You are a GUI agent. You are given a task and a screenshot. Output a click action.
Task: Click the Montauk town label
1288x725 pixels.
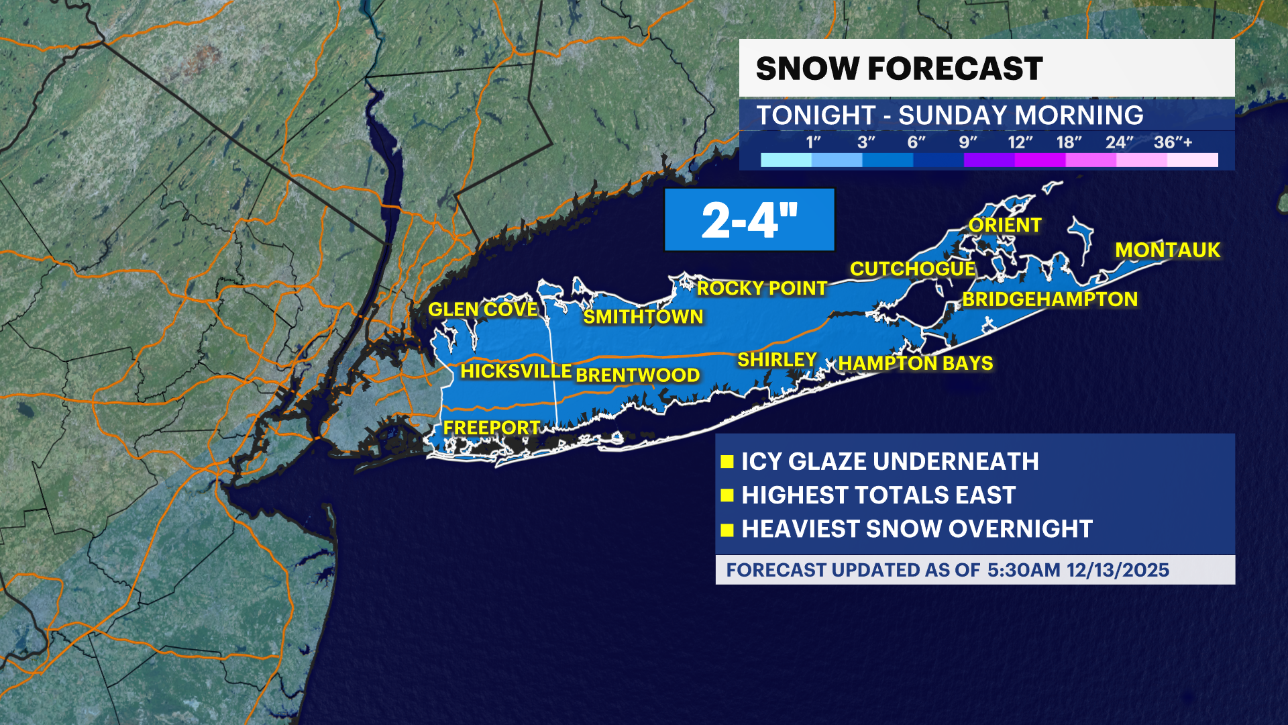tap(1167, 250)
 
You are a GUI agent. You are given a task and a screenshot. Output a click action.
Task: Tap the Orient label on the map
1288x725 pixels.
tap(1004, 226)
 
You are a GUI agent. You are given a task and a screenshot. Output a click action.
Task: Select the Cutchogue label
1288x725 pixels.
tap(912, 269)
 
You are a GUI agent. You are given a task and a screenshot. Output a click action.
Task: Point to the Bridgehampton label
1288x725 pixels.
tap(1050, 299)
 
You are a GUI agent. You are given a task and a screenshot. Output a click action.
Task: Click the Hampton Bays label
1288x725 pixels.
tap(915, 363)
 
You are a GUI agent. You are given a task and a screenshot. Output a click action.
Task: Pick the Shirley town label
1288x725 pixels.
tap(777, 360)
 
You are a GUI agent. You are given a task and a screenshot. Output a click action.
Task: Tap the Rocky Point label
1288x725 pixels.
tap(761, 289)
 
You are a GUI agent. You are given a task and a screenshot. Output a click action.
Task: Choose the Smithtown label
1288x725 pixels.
tap(643, 317)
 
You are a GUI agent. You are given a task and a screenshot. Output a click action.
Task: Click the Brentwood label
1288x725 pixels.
tap(637, 375)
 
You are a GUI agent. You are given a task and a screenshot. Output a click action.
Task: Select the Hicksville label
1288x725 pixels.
tap(515, 371)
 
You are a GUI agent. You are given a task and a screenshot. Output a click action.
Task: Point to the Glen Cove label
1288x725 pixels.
tap(483, 309)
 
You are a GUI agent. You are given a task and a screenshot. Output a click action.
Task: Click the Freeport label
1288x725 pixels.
tap(491, 428)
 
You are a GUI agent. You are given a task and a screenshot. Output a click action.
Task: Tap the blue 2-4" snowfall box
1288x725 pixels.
tap(749, 220)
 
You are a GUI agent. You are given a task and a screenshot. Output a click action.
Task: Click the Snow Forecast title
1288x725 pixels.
tap(899, 68)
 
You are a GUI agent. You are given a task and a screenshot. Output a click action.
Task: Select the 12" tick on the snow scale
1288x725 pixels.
tap(1020, 142)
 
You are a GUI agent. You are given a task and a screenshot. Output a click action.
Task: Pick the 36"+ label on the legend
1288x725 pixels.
tap(1173, 142)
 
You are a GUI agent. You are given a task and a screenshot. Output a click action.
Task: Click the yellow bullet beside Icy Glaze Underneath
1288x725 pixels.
tap(727, 462)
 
